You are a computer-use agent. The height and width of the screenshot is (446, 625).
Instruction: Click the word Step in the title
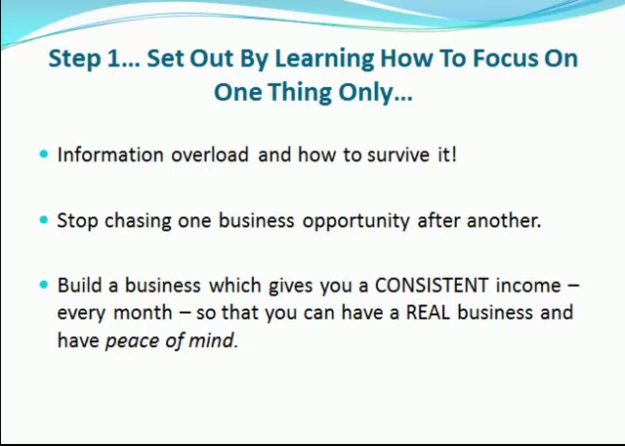(74, 59)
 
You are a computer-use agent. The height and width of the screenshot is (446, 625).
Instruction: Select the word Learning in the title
(324, 59)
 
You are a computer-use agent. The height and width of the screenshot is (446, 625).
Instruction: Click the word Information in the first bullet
(110, 155)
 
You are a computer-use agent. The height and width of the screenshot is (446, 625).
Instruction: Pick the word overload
(210, 155)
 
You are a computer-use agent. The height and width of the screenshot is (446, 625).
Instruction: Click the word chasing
(138, 221)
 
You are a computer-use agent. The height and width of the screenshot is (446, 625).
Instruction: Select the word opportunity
(355, 221)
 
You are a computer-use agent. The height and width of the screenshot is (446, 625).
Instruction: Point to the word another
(504, 220)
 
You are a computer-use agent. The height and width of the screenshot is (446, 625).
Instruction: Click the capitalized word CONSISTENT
(432, 285)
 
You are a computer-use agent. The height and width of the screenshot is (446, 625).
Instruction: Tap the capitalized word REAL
(428, 312)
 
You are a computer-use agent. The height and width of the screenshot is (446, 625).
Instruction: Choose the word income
(528, 285)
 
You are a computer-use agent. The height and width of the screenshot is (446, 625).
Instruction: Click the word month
(143, 312)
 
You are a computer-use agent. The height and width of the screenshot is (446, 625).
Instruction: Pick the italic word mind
(213, 339)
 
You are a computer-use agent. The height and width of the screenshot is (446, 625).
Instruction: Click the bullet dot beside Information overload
(44, 154)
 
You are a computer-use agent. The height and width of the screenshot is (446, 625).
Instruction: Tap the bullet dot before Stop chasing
(44, 220)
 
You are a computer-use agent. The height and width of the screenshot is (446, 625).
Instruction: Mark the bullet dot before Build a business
(44, 285)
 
